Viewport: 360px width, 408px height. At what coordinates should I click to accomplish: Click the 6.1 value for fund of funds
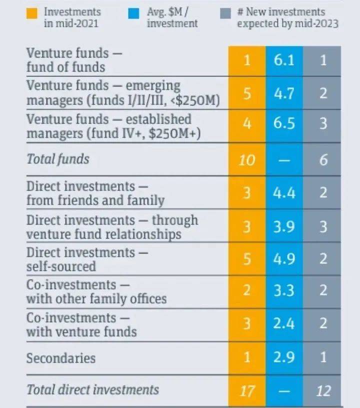pos(284,60)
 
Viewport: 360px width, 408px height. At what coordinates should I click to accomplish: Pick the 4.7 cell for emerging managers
pos(284,93)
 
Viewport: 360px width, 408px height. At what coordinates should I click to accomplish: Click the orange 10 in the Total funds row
pos(247,160)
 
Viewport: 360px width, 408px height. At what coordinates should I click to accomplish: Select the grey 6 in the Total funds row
pos(323,160)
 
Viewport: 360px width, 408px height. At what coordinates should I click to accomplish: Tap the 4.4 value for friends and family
pos(284,193)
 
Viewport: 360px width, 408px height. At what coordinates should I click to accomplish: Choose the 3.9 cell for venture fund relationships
pos(284,226)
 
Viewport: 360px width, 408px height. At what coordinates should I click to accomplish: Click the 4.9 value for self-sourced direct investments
pos(284,259)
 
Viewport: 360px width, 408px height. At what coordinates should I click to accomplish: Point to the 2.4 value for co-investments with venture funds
pos(284,324)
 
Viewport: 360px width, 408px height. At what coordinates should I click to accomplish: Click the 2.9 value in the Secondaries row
pos(284,358)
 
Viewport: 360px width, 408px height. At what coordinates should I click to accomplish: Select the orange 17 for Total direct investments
pos(247,390)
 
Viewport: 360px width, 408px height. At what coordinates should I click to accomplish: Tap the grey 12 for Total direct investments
pos(323,390)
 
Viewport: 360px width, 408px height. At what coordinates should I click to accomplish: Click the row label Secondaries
pos(60,358)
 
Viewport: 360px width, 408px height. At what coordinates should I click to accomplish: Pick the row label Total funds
pos(57,159)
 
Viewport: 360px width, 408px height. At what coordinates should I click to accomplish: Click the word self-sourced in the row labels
pos(60,266)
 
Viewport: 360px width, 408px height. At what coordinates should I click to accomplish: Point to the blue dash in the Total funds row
pos(284,160)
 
